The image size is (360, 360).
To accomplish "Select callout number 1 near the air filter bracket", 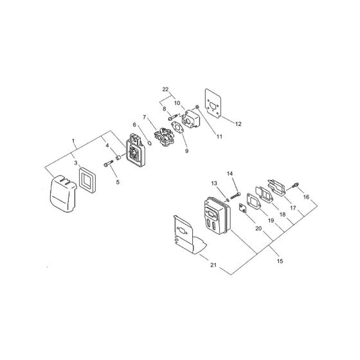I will click(x=74, y=140).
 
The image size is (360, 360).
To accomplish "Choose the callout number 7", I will click(x=145, y=117).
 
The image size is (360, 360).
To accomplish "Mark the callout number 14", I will click(x=230, y=173).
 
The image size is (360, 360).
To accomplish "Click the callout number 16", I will click(x=306, y=197).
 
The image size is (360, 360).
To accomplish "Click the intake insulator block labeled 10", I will click(x=191, y=118).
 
